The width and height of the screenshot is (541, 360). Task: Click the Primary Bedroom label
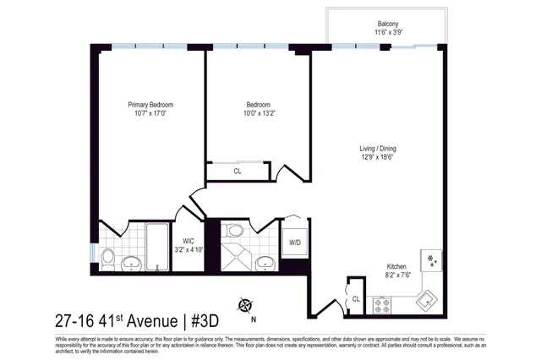click(x=150, y=105)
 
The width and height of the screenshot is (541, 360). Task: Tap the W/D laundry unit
click(x=295, y=243)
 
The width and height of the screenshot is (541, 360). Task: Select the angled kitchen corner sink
click(x=428, y=297)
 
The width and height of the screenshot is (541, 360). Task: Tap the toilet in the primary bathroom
click(x=108, y=256)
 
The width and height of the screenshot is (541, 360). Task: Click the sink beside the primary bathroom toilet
click(x=132, y=263)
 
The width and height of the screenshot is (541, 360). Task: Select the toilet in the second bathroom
click(x=236, y=230)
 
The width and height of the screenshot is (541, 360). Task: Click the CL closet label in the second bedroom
click(x=237, y=172)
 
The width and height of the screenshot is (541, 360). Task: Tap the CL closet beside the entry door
click(x=356, y=297)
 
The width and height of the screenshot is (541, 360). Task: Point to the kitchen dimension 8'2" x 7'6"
click(x=399, y=274)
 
